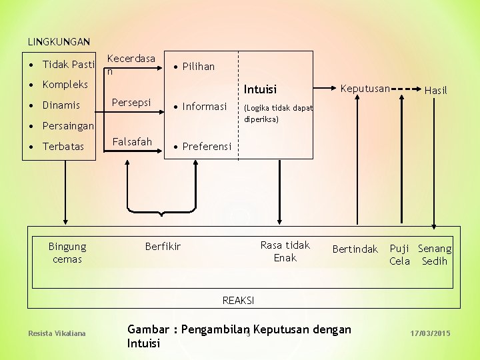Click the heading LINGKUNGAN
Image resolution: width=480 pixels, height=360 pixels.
[x=59, y=41]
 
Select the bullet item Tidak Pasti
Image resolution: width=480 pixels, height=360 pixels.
[x=69, y=65]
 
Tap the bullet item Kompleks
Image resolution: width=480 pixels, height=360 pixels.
[x=65, y=85]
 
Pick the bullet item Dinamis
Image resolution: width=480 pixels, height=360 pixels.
[x=61, y=105]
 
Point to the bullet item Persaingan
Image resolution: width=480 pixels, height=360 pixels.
[x=67, y=126]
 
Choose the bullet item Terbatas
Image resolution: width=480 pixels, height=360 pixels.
[x=63, y=147]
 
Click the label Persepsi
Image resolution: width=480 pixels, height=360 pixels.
[x=131, y=103]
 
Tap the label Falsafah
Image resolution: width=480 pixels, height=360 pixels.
[x=132, y=141]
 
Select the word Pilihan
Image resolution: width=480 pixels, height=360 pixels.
[x=199, y=67]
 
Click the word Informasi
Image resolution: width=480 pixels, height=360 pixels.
[x=205, y=107]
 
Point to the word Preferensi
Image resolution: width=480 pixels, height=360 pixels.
[x=207, y=146]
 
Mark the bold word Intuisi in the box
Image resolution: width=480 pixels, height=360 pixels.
[x=260, y=89]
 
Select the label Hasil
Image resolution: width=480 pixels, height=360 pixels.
[x=436, y=90]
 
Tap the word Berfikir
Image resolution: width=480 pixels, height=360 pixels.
[x=163, y=247]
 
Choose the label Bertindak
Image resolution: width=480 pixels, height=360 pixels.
[x=355, y=249]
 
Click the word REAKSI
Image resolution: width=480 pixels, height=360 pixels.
[x=238, y=301]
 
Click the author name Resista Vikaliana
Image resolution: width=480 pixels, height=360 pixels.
[x=57, y=333]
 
